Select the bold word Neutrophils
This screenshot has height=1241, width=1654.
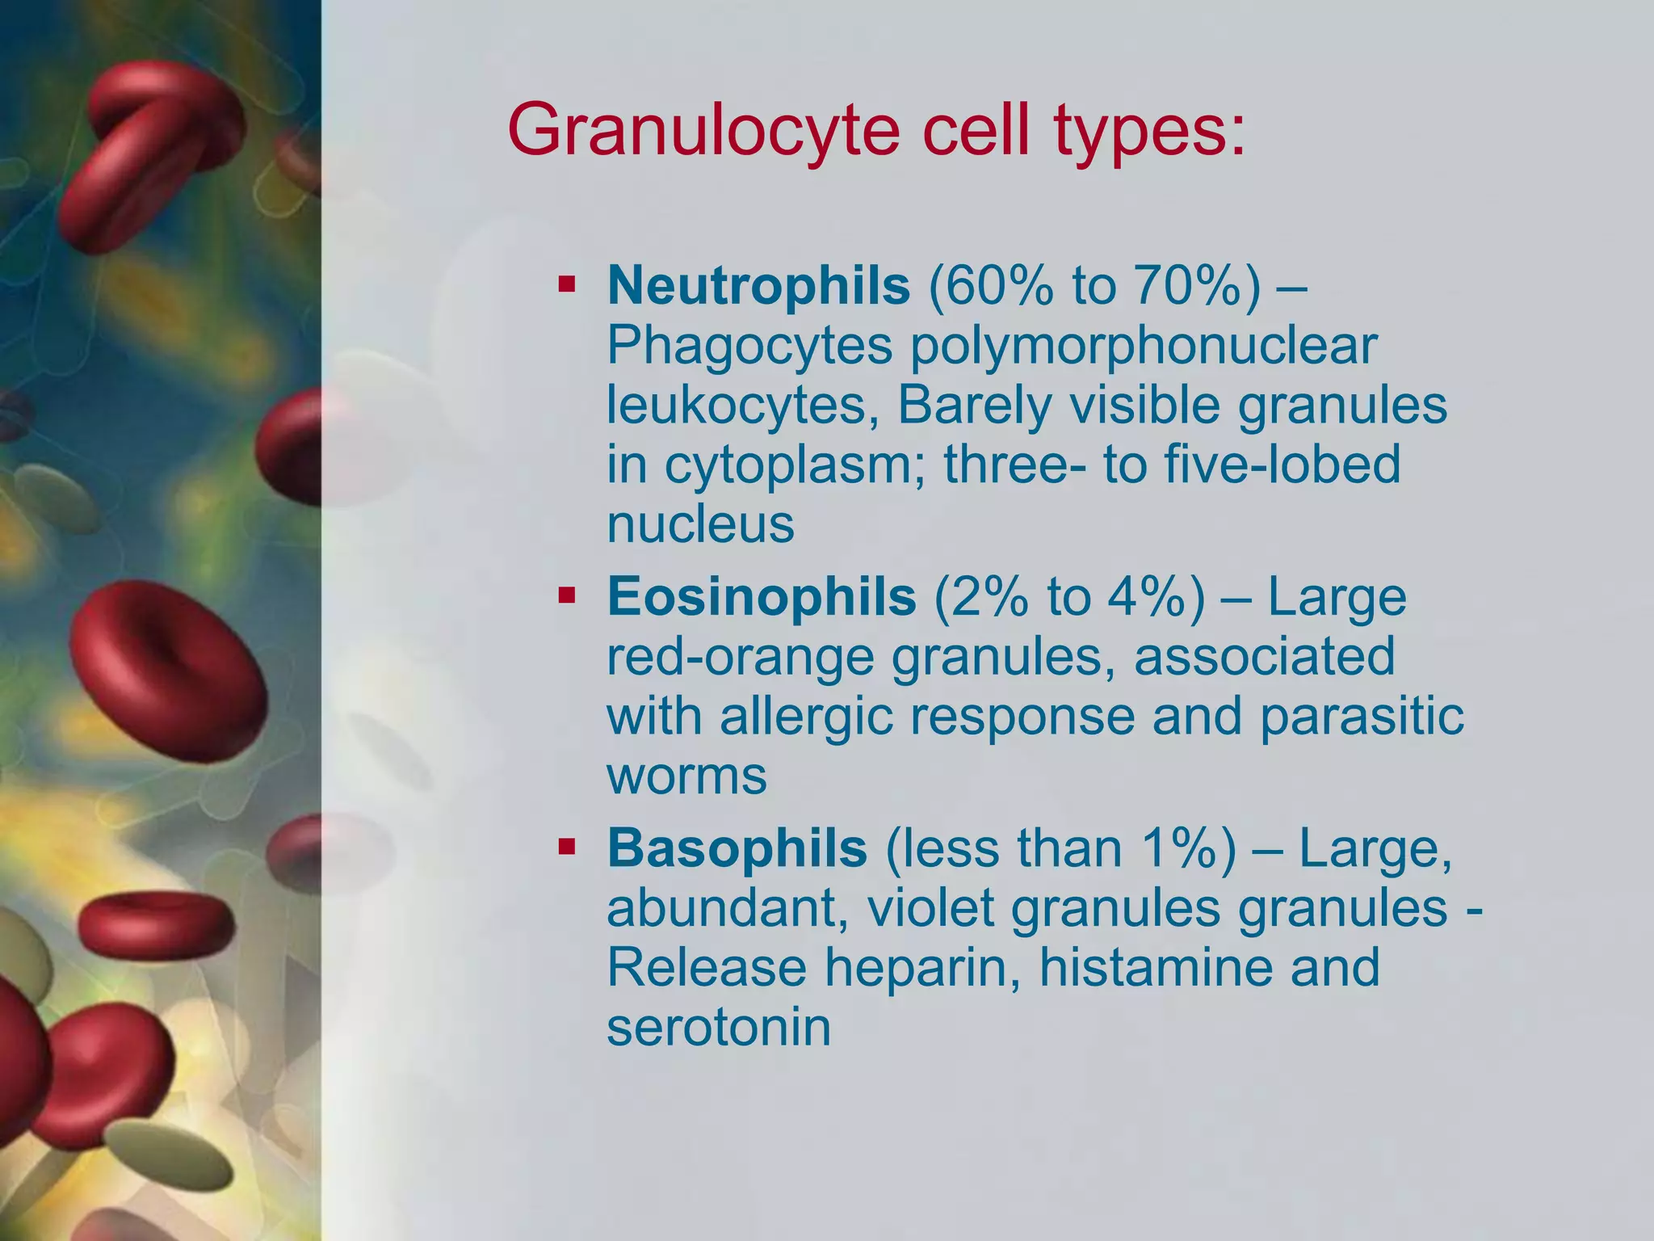click(x=758, y=285)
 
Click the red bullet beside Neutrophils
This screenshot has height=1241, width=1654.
click(x=566, y=285)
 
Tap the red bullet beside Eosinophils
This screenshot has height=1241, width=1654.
click(x=566, y=596)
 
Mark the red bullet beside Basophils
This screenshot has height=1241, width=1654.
click(x=566, y=848)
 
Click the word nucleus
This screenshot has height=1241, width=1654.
click(x=700, y=524)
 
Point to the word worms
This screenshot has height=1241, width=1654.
click(x=686, y=776)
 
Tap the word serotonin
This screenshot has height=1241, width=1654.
click(x=718, y=1027)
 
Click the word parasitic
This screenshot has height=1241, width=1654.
click(x=1361, y=716)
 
